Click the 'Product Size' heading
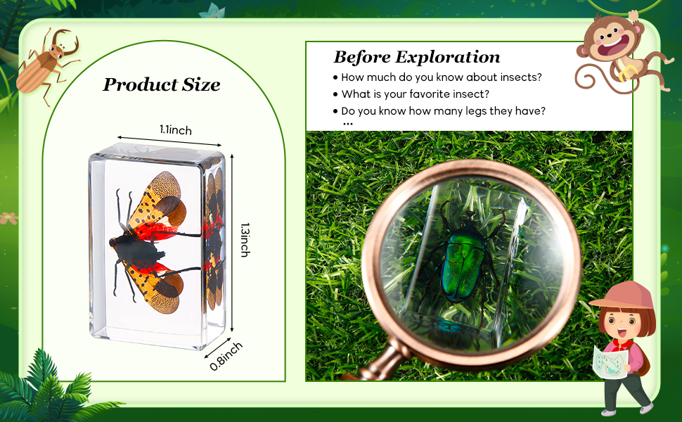coord(162,85)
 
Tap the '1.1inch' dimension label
coord(175,130)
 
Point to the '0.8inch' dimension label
coord(226,356)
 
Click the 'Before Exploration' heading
coord(416,57)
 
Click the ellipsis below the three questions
coord(348,124)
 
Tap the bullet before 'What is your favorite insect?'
coord(335,94)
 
